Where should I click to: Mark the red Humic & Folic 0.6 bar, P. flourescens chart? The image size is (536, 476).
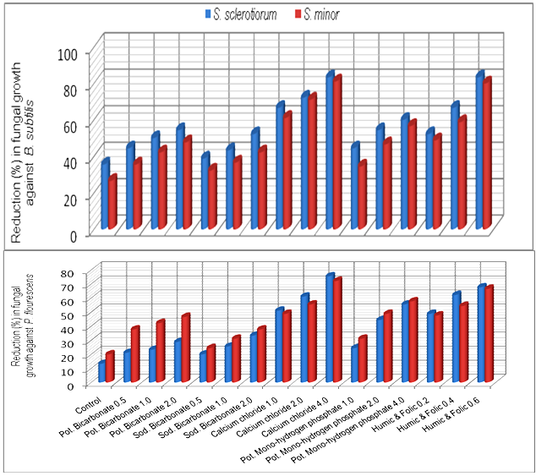pos(488,334)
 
